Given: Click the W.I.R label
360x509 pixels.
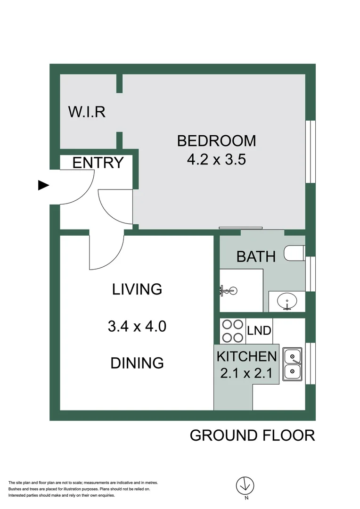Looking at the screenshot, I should (x=87, y=112).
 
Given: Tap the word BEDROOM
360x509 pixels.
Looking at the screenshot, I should (x=216, y=140).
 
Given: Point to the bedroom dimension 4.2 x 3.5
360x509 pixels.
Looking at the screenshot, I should (x=217, y=160).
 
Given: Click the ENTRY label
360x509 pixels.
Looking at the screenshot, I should (x=98, y=163).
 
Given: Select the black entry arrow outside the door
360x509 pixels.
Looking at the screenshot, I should (x=43, y=186).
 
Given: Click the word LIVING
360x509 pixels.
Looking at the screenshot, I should (x=137, y=289).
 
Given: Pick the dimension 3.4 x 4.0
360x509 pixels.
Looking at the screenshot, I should (x=137, y=326).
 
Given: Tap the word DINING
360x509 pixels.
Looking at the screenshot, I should (x=137, y=363).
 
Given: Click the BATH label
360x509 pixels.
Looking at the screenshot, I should (x=255, y=257).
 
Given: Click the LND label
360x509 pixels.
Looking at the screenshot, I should (x=259, y=331).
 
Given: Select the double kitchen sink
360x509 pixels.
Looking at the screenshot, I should (x=293, y=364).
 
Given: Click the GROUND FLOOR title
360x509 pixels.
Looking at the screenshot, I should (x=252, y=435).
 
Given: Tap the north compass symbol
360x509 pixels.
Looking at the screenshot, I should (x=245, y=485).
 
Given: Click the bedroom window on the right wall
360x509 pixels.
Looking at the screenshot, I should (x=310, y=151).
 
